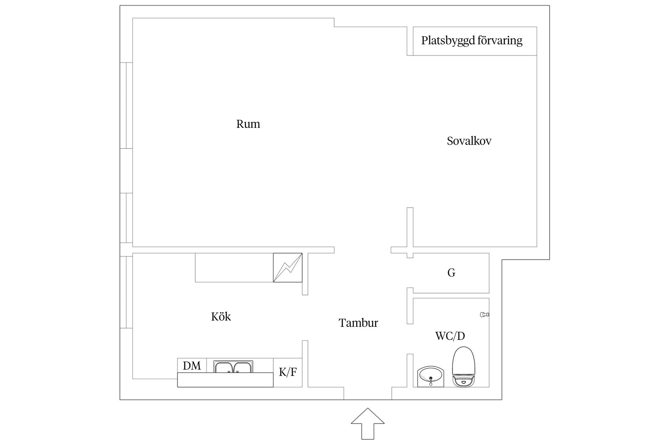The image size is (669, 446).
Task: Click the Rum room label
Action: tap(248, 124)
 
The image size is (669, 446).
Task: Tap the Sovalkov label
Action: tap(469, 141)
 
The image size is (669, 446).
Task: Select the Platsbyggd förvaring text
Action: tap(472, 40)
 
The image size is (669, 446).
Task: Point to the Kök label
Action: tap(221, 316)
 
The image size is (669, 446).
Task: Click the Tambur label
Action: tap(358, 323)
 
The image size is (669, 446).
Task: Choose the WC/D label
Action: tap(450, 336)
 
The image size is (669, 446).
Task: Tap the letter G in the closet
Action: tap(451, 273)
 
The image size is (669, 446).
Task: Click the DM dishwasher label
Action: tap(192, 366)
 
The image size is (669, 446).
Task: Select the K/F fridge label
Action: tap(288, 372)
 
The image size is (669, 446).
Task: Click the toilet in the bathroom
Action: tap(464, 367)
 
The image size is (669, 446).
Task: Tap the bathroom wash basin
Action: tap(431, 377)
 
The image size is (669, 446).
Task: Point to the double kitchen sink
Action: tap(233, 367)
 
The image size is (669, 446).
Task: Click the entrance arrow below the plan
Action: tap(368, 423)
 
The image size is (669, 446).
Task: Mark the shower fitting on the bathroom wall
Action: tap(485, 315)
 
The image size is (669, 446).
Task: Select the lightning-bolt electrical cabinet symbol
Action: tap(287, 268)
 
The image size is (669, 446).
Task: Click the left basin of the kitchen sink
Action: tap(224, 368)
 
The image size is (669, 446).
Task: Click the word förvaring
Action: tap(500, 40)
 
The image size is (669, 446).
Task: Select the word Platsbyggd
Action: tap(448, 40)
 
